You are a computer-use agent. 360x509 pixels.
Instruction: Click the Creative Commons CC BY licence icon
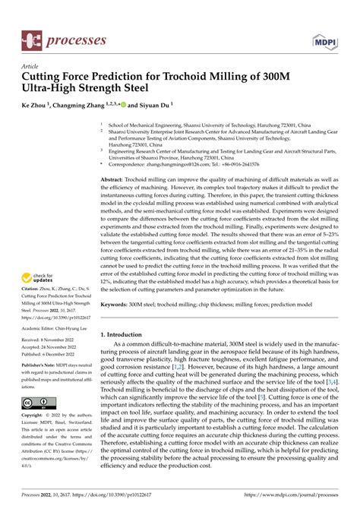[x=36, y=402]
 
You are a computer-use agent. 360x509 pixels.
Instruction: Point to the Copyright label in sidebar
[x=35, y=416]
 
